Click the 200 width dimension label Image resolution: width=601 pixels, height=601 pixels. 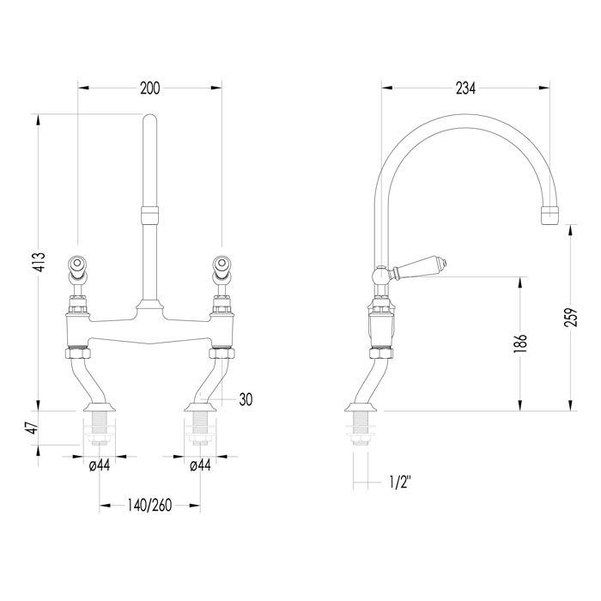[150, 88]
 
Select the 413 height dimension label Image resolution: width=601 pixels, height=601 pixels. [39, 262]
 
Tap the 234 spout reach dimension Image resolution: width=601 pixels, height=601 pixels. [465, 88]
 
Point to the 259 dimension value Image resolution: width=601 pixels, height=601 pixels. [570, 317]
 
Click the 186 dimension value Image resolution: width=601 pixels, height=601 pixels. [521, 343]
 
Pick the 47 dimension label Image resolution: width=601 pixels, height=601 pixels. [33, 428]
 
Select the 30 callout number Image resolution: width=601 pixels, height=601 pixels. [246, 399]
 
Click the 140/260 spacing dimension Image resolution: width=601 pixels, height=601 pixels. [149, 506]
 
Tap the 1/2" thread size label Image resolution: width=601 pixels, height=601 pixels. [400, 483]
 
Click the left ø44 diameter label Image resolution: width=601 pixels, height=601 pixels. [100, 465]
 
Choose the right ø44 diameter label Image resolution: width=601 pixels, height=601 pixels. [200, 465]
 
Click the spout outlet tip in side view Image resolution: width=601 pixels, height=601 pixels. [550, 215]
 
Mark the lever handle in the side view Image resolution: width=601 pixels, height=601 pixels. [418, 268]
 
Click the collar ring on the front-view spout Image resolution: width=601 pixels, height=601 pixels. [150, 215]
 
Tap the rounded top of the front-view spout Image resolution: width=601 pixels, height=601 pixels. [150, 118]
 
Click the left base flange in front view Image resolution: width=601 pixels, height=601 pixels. [100, 407]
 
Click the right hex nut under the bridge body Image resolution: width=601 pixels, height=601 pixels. [222, 353]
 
